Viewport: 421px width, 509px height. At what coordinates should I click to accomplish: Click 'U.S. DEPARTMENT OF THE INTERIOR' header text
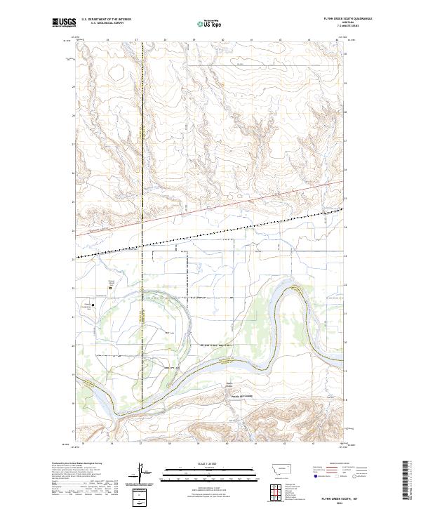click(106, 19)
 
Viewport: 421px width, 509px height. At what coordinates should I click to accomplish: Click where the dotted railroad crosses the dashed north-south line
click(141, 246)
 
